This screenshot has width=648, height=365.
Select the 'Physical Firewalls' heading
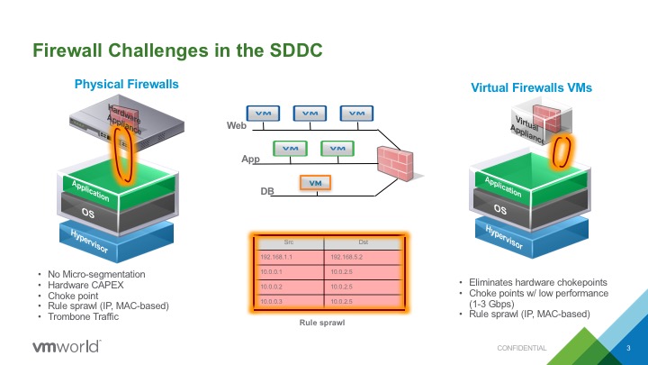(x=126, y=84)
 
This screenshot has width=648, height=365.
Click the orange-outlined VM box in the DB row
(x=315, y=183)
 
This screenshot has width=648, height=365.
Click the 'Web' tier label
(x=237, y=127)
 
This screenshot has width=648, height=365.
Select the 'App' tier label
(x=250, y=160)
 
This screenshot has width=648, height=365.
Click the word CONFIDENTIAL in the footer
(x=522, y=348)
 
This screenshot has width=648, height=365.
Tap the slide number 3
(x=627, y=348)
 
